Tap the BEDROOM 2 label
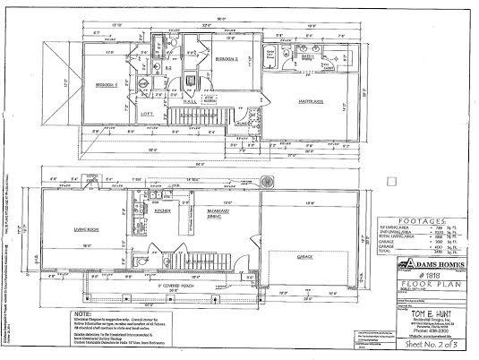click(225, 58)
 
